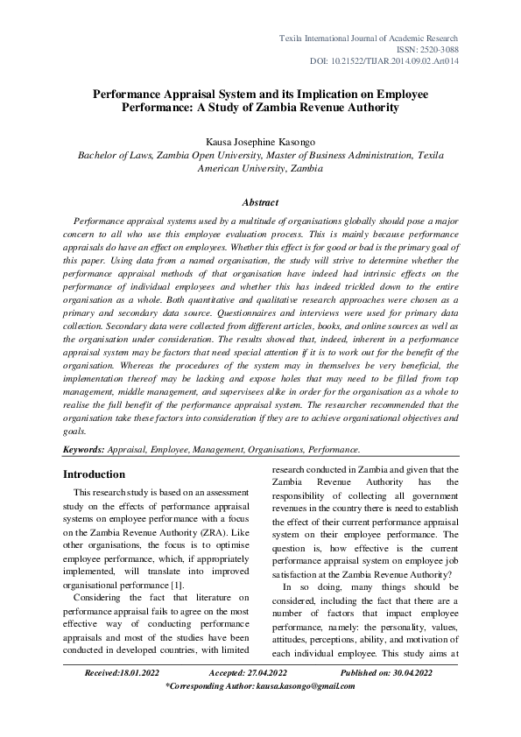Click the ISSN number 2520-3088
(x=429, y=52)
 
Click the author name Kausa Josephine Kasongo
(x=260, y=140)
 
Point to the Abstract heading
(x=260, y=202)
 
